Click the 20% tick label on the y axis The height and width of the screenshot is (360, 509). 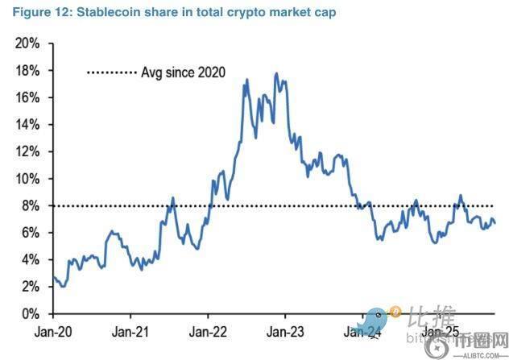click(27, 43)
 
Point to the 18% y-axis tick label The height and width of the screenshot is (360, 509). click(27, 71)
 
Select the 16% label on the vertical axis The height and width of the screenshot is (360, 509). click(27, 97)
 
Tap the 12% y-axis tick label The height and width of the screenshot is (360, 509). click(27, 151)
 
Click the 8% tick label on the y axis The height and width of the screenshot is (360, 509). click(31, 205)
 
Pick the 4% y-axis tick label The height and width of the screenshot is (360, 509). click(31, 259)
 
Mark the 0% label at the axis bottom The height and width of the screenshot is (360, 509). click(31, 313)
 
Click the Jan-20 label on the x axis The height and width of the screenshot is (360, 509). click(53, 331)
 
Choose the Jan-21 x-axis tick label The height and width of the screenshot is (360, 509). click(130, 331)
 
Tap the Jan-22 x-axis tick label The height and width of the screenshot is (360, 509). click(208, 331)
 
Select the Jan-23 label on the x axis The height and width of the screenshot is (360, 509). click(285, 331)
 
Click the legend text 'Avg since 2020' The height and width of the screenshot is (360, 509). click(183, 72)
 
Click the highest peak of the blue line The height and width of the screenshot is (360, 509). click(276, 74)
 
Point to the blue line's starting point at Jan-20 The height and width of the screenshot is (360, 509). click(54, 277)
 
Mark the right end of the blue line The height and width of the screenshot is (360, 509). click(495, 223)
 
